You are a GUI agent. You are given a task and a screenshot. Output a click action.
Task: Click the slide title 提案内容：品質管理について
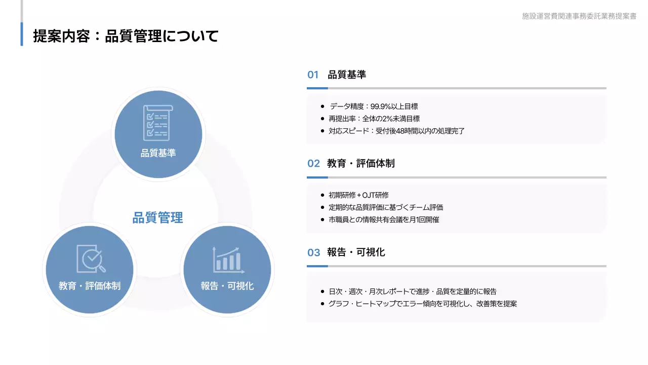126,36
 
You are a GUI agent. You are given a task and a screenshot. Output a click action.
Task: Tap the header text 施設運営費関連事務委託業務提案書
579,16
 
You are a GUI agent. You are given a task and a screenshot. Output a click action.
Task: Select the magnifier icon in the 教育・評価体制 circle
91,259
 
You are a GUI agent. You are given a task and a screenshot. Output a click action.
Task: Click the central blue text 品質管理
157,218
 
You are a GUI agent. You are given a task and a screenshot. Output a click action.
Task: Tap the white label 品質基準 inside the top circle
158,153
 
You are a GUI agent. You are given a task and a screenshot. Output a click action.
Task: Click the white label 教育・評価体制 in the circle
90,286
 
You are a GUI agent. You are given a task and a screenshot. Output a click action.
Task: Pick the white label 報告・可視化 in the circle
227,286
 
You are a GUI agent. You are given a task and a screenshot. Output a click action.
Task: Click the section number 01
313,75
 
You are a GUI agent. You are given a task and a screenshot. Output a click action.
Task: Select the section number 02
313,163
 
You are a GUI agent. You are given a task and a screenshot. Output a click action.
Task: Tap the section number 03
313,252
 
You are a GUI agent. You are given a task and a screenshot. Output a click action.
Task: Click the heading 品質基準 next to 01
347,75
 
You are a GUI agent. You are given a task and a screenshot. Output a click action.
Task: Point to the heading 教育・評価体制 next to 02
361,163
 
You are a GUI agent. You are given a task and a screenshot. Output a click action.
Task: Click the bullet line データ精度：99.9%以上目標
374,106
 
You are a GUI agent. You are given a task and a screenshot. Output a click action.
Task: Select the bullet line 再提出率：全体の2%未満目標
374,119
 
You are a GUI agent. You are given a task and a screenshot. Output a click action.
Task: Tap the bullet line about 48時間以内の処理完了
396,131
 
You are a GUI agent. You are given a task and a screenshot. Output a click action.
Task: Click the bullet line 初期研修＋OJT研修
358,195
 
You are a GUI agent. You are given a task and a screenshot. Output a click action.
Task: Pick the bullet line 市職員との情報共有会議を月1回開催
384,220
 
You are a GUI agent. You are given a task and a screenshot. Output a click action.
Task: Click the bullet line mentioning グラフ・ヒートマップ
422,304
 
